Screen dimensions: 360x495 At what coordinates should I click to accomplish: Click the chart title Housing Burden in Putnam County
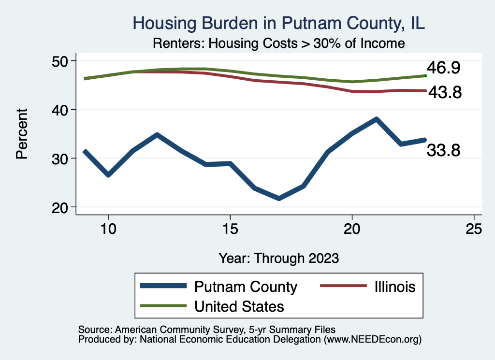(x=278, y=23)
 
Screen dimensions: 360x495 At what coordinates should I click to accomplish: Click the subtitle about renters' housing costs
(x=278, y=43)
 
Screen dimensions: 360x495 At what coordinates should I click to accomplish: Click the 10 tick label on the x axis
(x=108, y=229)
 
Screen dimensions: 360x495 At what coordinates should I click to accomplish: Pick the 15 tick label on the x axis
(x=230, y=229)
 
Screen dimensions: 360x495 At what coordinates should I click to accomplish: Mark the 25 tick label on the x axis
(x=474, y=229)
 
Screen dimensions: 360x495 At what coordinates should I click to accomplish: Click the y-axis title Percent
(x=22, y=134)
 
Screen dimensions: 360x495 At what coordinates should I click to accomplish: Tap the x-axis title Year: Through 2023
(x=278, y=258)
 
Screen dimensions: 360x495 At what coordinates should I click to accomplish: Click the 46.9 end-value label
(x=443, y=68)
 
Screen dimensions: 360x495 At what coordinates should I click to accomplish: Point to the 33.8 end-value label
(x=443, y=151)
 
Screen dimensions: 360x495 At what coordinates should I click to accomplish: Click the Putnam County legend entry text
(x=246, y=287)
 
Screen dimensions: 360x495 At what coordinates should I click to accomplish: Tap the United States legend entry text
(x=239, y=306)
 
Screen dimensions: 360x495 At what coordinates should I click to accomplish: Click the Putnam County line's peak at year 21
(x=376, y=119)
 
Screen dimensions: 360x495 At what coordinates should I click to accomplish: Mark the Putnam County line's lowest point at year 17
(x=279, y=198)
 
